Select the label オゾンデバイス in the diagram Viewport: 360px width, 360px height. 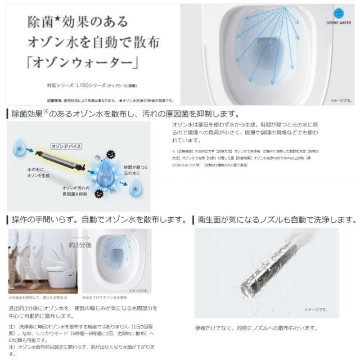pyautogui.click(x=66, y=146)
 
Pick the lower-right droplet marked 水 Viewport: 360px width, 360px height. pyautogui.click(x=136, y=190)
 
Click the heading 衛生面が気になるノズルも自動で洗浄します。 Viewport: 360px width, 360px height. pyautogui.click(x=276, y=219)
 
